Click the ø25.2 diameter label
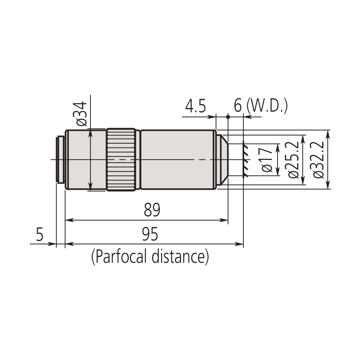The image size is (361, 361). pyautogui.click(x=293, y=160)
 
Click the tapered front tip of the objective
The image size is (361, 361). pyautogui.click(x=224, y=160)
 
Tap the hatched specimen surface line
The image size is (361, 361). pyautogui.click(x=245, y=160)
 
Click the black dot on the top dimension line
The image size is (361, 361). pyautogui.click(x=228, y=116)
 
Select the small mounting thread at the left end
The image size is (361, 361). pyautogui.click(x=60, y=160)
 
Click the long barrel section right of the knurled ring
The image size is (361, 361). pyautogui.click(x=178, y=160)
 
